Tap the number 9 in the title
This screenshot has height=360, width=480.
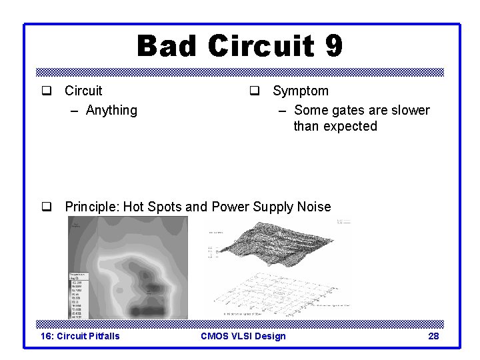point(333,47)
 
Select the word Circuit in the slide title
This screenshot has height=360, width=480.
point(261,47)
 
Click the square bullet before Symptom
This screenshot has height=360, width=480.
point(254,91)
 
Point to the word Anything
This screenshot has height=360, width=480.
point(111,110)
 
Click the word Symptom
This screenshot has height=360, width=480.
point(301,91)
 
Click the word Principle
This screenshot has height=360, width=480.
point(91,207)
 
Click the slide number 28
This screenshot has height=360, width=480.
point(433,336)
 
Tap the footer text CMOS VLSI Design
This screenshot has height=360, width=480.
point(243,336)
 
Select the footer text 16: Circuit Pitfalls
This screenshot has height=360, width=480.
point(81,336)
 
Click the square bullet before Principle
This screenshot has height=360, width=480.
point(46,207)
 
